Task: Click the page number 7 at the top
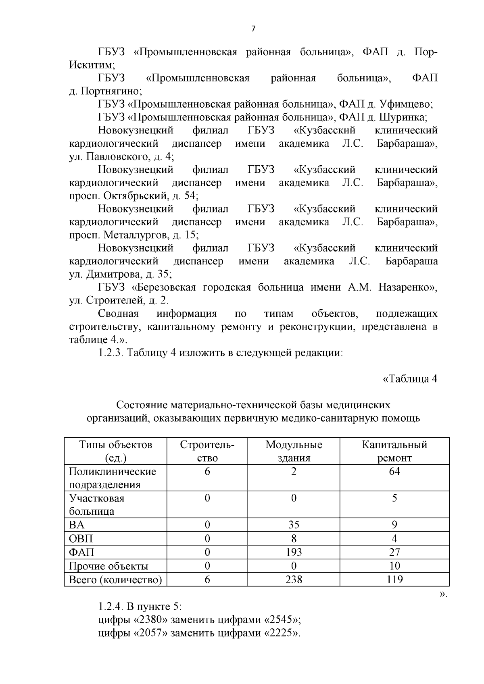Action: click(x=253, y=29)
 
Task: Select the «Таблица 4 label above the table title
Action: click(x=410, y=379)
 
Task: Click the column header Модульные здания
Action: click(x=294, y=451)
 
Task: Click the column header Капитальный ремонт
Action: click(x=394, y=451)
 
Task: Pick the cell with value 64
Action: click(x=394, y=471)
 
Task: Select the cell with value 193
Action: click(x=294, y=552)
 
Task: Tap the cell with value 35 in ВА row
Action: click(x=294, y=525)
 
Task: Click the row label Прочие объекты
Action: click(x=108, y=566)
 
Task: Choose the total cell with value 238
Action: click(x=294, y=580)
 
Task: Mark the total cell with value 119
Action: click(x=394, y=580)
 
